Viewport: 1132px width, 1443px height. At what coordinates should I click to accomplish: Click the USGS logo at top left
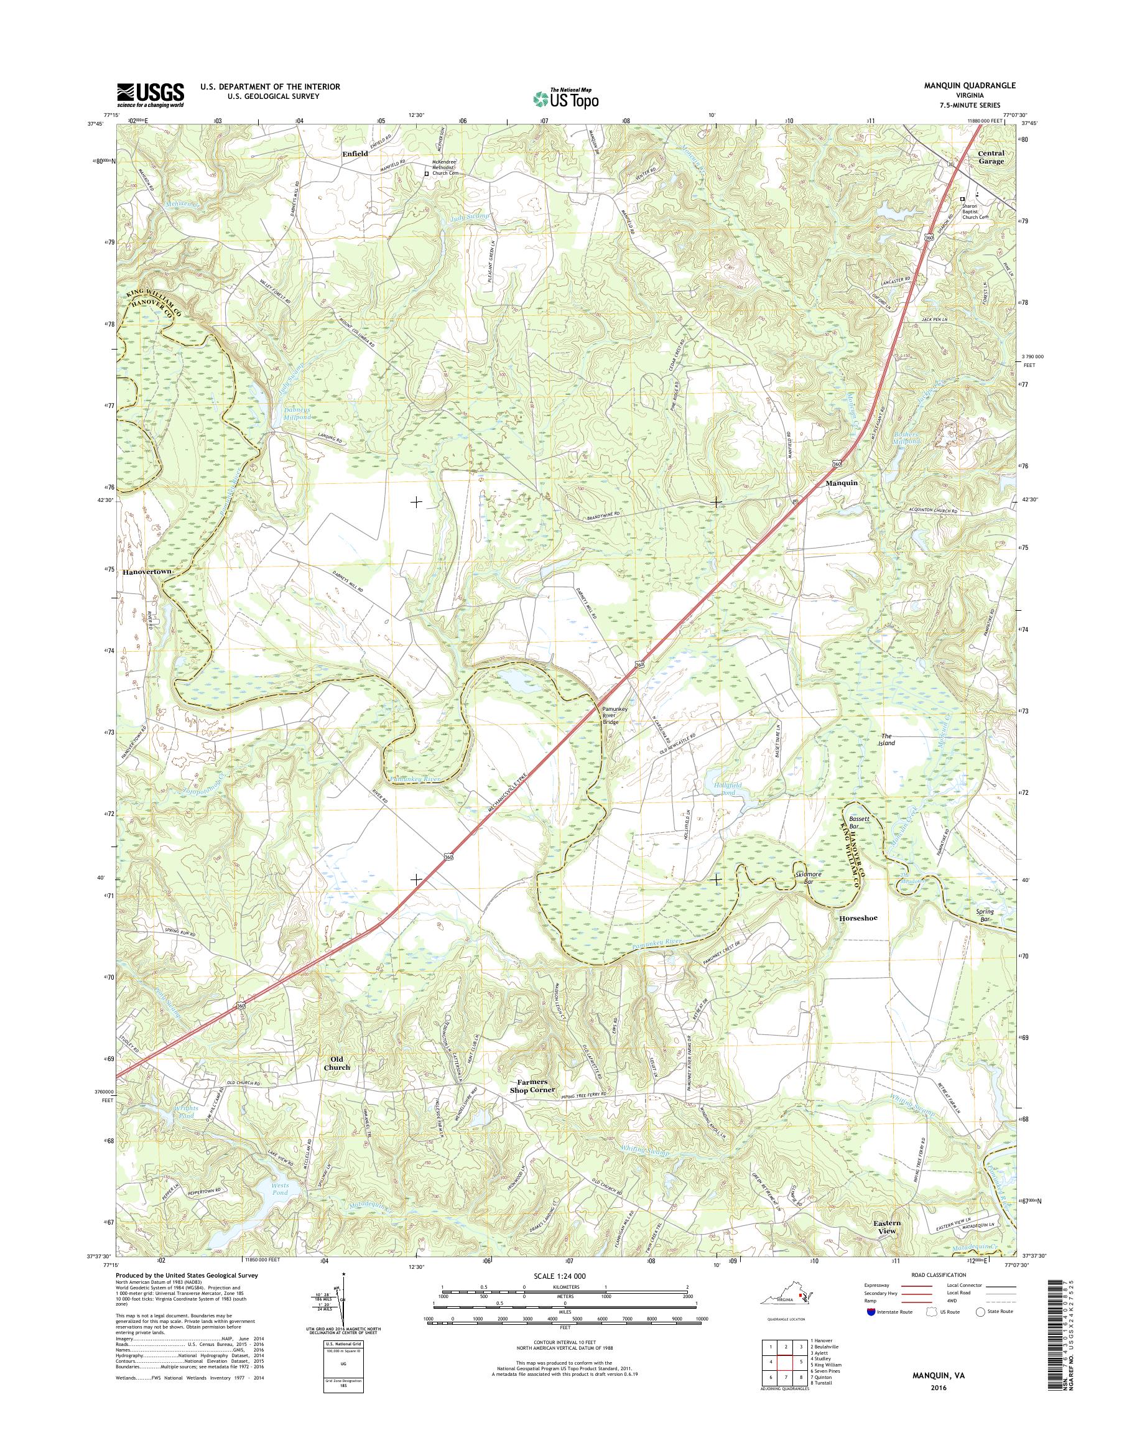(151, 95)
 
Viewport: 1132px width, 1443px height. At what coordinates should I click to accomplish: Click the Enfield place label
(355, 154)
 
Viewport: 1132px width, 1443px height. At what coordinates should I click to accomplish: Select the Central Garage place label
(991, 157)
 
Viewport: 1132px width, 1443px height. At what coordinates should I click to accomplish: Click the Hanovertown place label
(147, 571)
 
